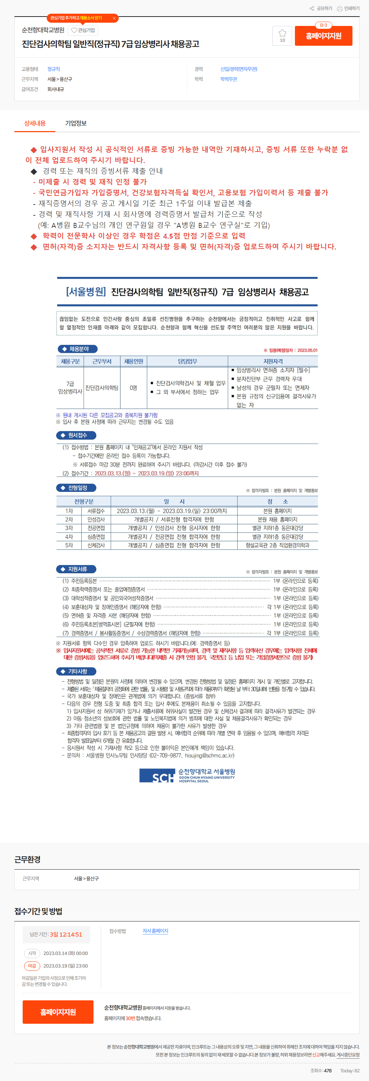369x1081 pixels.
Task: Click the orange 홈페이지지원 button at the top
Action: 323,36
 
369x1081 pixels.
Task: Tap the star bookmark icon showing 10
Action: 282,36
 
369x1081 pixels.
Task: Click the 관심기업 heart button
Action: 83,30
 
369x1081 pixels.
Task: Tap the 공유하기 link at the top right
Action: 321,8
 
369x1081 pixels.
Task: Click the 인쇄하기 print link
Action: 348,8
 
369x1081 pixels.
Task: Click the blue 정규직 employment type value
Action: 54,69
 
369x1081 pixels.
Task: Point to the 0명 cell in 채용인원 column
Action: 133,388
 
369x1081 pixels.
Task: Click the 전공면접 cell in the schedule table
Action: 96,528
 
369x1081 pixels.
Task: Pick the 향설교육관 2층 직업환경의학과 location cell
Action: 277,545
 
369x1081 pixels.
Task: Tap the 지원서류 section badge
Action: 76,569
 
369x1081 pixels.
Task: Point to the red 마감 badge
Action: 32,966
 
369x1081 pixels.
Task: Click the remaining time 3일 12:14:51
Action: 66,934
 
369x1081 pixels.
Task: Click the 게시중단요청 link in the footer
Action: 348,1055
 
